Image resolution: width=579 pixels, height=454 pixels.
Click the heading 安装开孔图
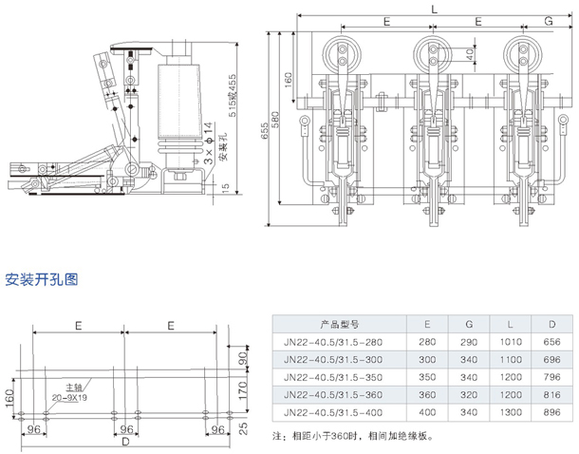(42, 280)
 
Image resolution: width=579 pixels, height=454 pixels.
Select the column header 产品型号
(337, 322)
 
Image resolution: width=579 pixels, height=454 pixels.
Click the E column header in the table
(429, 322)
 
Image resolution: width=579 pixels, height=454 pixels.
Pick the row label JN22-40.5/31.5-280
(337, 340)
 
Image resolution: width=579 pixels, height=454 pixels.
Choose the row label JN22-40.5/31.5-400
(337, 412)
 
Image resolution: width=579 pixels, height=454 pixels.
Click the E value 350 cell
(429, 376)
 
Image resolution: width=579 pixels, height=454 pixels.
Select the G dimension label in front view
(549, 20)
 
